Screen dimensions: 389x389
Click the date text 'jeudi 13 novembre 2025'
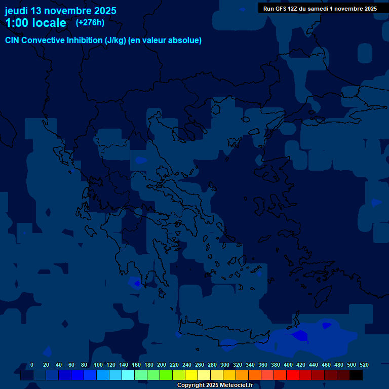point(60,11)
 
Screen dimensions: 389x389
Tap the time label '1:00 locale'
point(35,23)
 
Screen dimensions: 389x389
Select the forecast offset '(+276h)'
point(90,22)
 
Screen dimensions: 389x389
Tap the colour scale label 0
point(32,365)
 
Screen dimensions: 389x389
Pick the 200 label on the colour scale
point(162,365)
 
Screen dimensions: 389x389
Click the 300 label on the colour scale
point(225,365)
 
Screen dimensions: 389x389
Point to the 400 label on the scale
point(288,365)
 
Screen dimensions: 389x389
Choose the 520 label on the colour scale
point(364,365)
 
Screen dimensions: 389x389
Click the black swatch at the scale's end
point(356,375)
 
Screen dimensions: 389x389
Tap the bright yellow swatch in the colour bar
point(191,375)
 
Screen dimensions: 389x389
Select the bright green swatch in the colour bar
point(166,375)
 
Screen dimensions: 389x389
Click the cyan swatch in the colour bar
point(128,375)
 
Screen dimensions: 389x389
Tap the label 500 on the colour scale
point(352,365)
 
